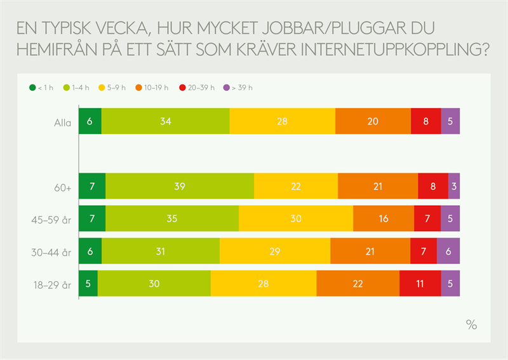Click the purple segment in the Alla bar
[x=450, y=121]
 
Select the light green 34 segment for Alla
[x=165, y=121]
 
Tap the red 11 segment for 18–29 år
[x=420, y=283]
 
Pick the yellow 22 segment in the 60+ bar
[x=296, y=186]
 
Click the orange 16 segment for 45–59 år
[x=384, y=218]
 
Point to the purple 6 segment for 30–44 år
[x=448, y=251]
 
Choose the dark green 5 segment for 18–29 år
[x=88, y=283]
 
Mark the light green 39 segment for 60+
[x=180, y=186]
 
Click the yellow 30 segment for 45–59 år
[x=296, y=218]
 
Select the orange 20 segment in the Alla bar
[x=373, y=121]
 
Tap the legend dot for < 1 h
[x=31, y=88]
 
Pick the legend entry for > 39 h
[x=240, y=88]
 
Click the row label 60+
[x=62, y=187]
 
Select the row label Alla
[x=62, y=122]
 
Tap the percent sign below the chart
[x=471, y=324]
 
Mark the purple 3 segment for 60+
[x=454, y=186]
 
